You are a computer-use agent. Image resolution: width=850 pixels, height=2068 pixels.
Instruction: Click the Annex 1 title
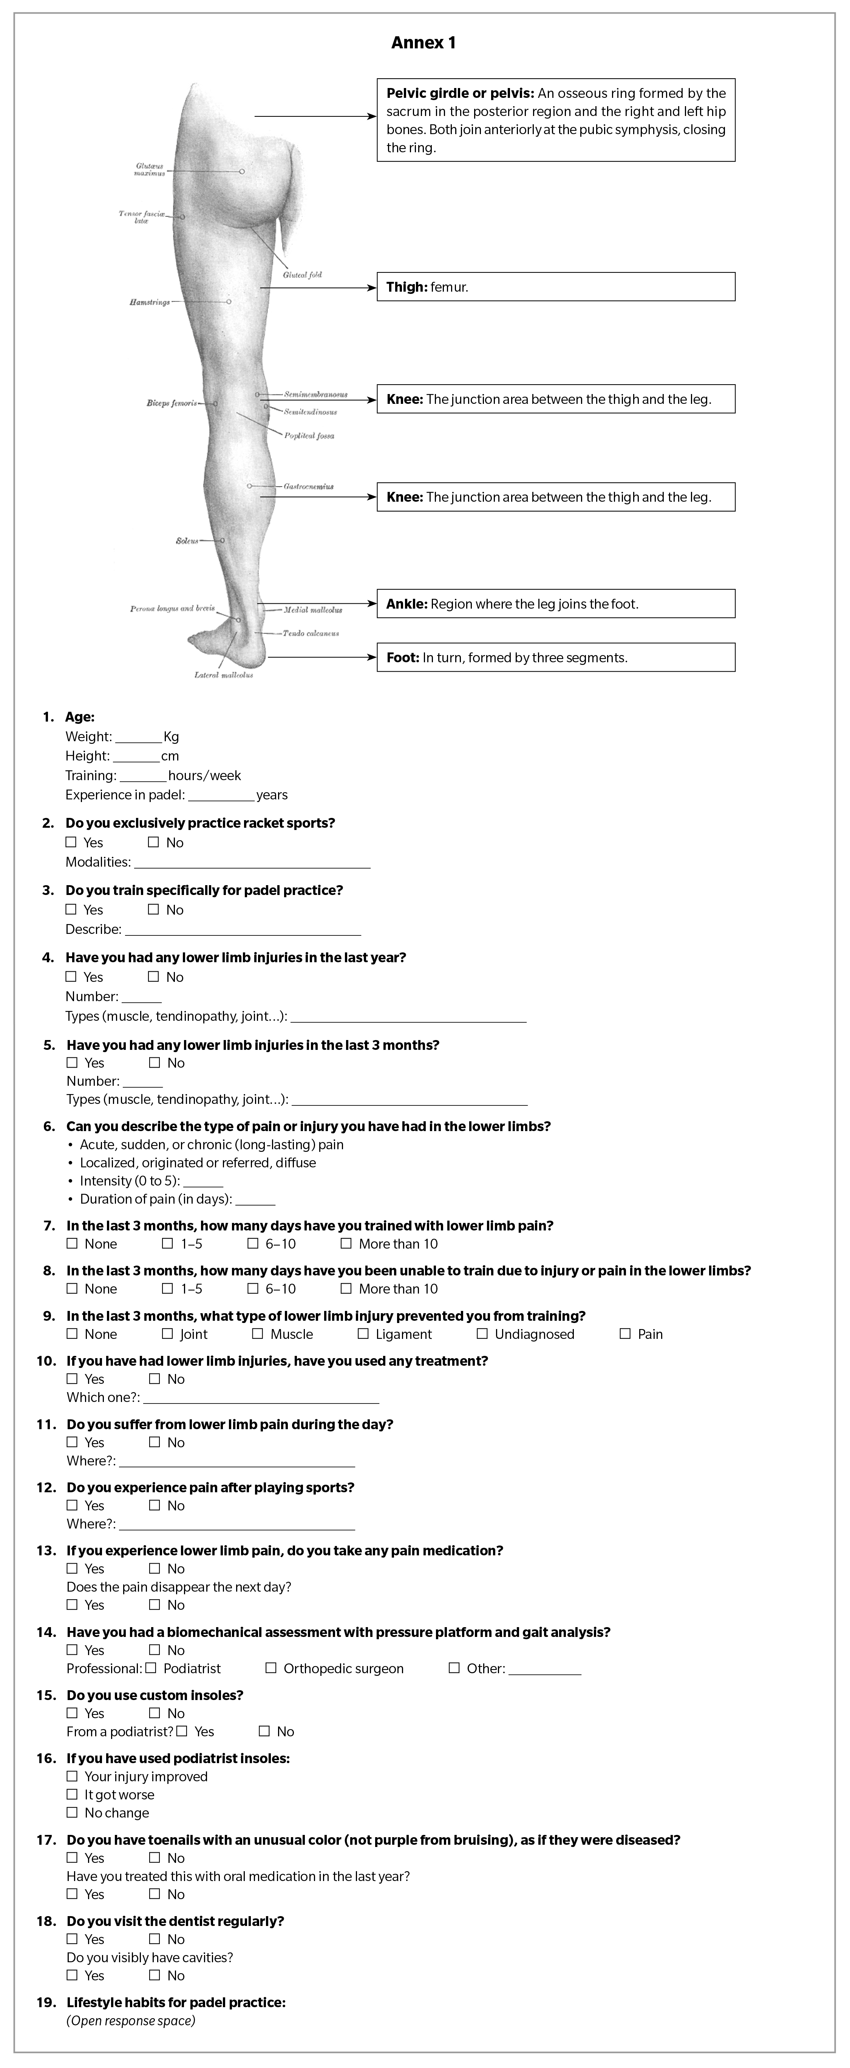tap(424, 43)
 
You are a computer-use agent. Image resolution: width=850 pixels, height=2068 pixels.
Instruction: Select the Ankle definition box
tap(555, 604)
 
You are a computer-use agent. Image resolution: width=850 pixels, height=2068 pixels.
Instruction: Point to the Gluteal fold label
tap(303, 275)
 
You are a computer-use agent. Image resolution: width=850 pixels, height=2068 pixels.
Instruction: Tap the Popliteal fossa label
tap(309, 436)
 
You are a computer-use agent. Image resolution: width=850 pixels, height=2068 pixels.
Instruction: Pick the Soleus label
tap(187, 541)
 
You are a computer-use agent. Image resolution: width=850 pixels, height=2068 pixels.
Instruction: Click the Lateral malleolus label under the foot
tap(224, 675)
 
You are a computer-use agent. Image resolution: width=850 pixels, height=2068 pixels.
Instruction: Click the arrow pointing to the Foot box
tap(321, 657)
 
